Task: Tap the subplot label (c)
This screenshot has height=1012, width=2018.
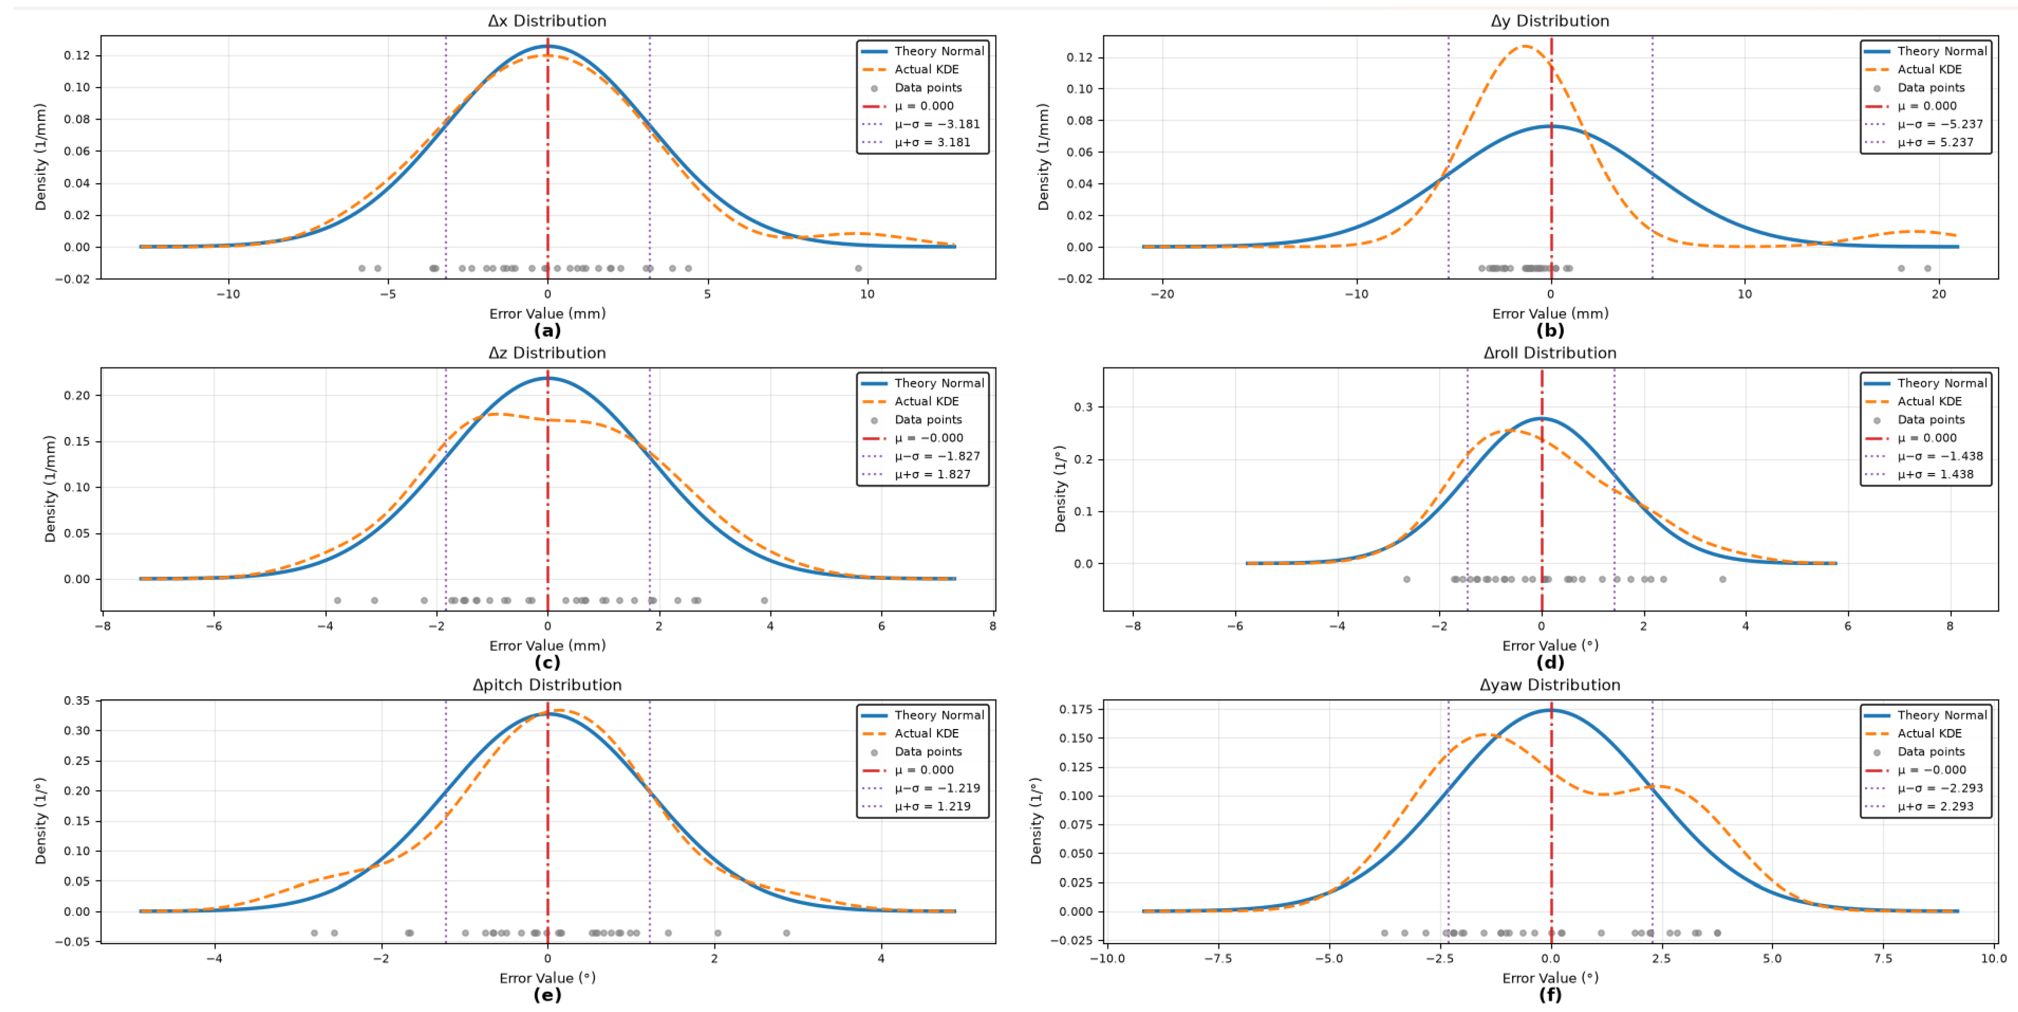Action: pyautogui.click(x=547, y=663)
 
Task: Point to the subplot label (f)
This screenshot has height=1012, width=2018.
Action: pyautogui.click(x=1549, y=995)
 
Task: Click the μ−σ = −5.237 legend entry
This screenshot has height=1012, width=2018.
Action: pyautogui.click(x=1940, y=124)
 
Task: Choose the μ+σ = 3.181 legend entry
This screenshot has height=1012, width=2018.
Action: pyautogui.click(x=932, y=142)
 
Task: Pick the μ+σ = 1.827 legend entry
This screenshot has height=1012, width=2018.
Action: pyautogui.click(x=932, y=474)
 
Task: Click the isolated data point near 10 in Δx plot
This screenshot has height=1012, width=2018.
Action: pyautogui.click(x=858, y=268)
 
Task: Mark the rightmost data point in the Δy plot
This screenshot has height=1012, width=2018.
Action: pyautogui.click(x=1927, y=268)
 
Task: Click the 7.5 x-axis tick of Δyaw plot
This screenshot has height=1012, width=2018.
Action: pyautogui.click(x=1882, y=958)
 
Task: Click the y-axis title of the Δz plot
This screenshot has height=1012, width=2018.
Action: pyautogui.click(x=50, y=489)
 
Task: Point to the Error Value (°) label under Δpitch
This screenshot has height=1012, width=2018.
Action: pyautogui.click(x=547, y=977)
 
